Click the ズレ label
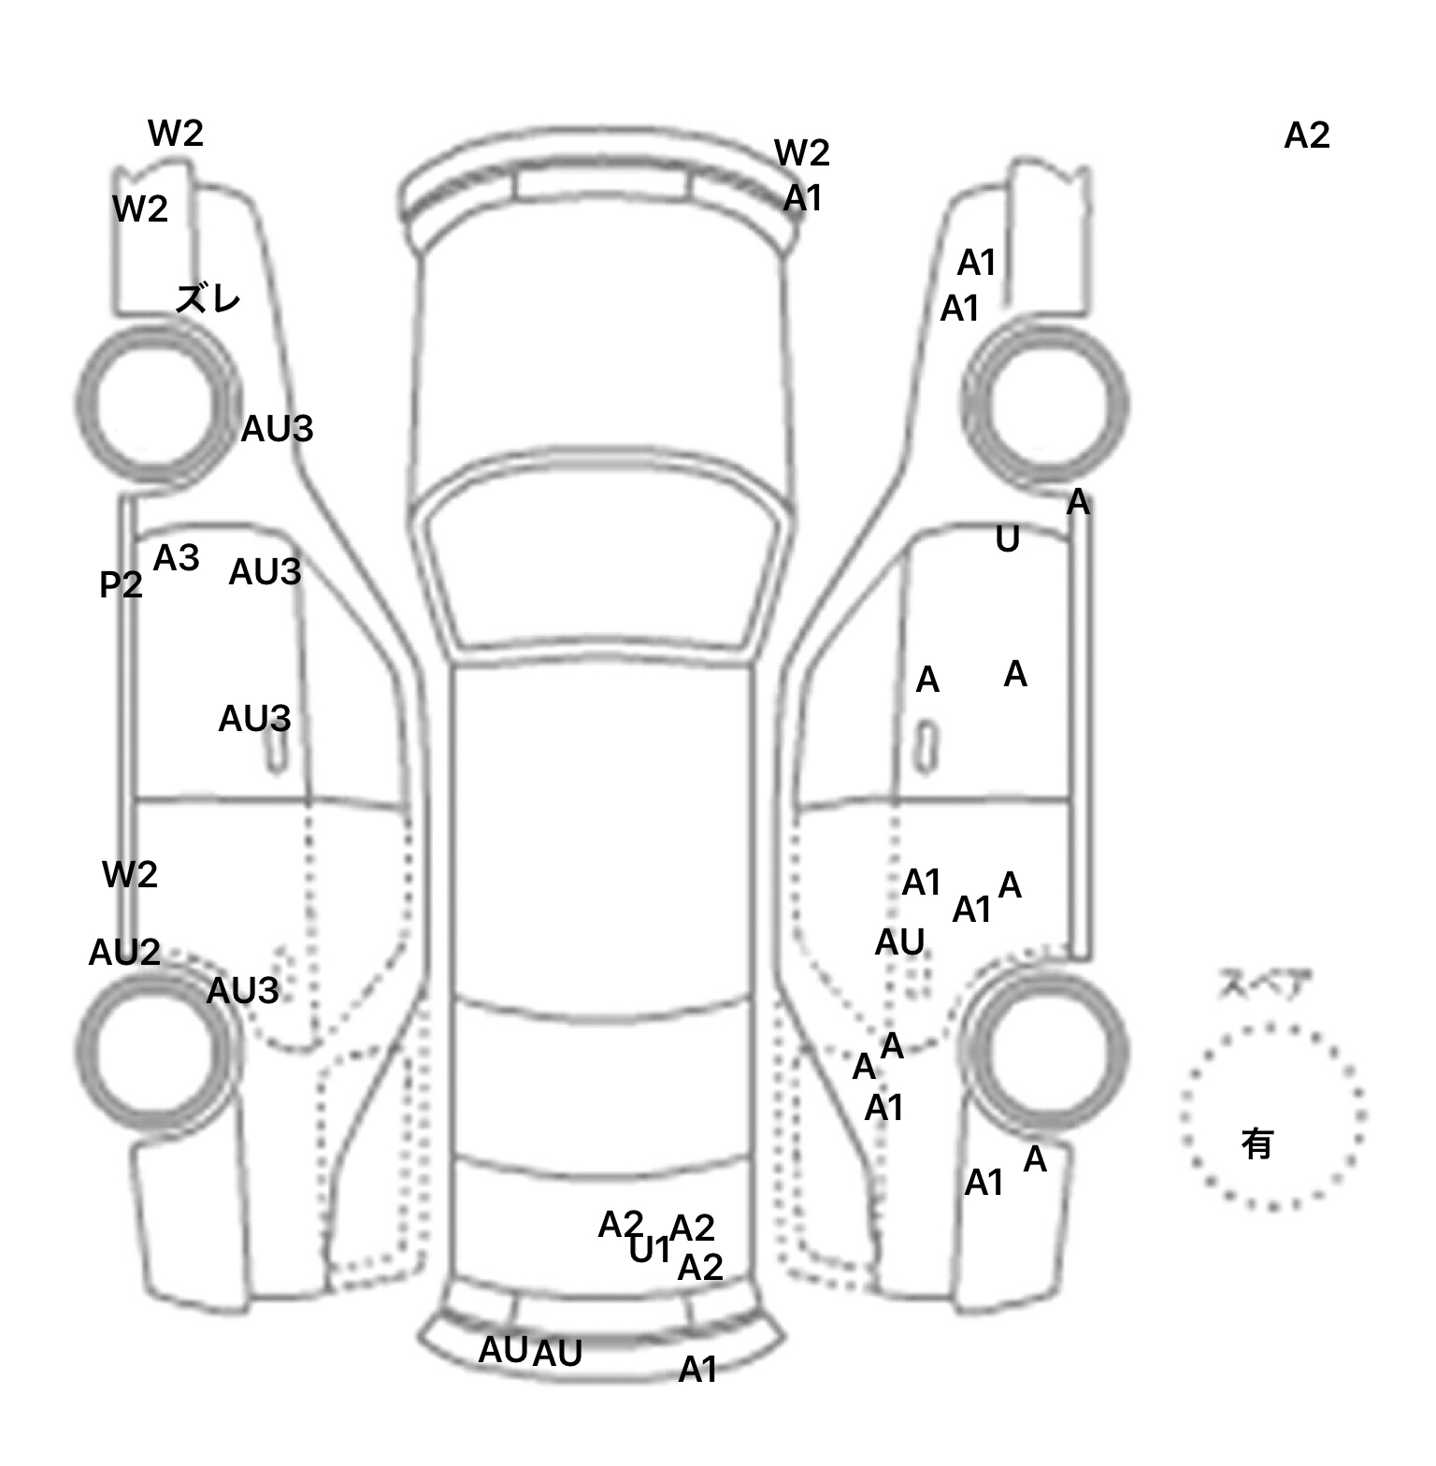click(208, 299)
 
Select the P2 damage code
click(121, 585)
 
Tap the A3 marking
click(177, 558)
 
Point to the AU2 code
click(124, 953)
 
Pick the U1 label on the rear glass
click(649, 1249)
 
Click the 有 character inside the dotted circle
click(1257, 1143)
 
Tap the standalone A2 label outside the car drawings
click(1306, 137)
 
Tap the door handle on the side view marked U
click(926, 747)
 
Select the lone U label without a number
click(1007, 539)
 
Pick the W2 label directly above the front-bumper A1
click(801, 152)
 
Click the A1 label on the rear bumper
click(697, 1370)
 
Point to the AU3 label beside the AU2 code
click(242, 991)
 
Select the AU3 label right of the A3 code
click(265, 572)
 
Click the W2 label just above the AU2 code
click(129, 875)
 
